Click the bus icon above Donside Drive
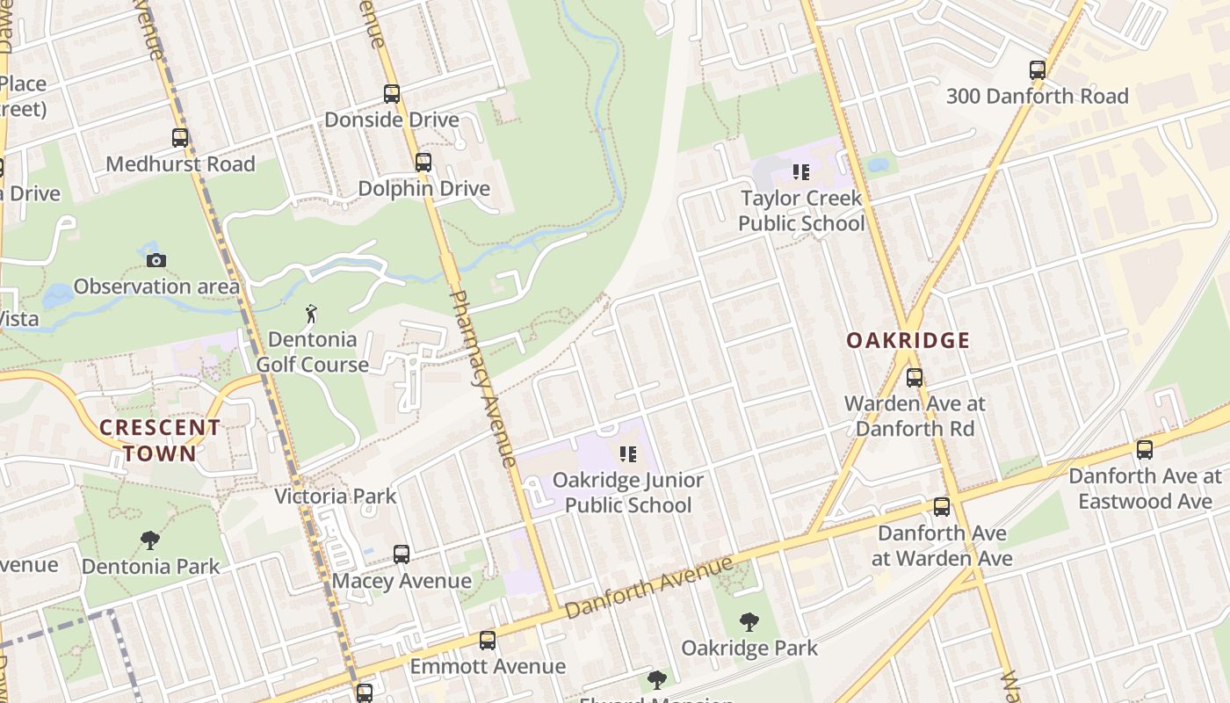tap(392, 94)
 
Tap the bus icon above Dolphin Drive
tap(423, 163)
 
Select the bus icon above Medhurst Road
tap(180, 138)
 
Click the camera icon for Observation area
tap(156, 260)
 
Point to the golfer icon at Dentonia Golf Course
tap(311, 314)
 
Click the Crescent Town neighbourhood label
tap(160, 440)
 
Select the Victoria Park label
tap(336, 496)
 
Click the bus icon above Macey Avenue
tap(402, 554)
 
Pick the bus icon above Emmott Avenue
tap(488, 641)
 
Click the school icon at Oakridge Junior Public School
tap(628, 454)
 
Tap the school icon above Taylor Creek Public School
tap(800, 172)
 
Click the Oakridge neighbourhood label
tap(908, 340)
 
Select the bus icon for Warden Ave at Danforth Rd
tap(915, 378)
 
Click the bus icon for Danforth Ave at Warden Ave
tap(942, 507)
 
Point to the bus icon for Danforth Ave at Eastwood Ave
tap(1145, 450)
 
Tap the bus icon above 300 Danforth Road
tap(1038, 70)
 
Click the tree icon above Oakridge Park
tap(749, 622)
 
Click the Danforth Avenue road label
tap(650, 587)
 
